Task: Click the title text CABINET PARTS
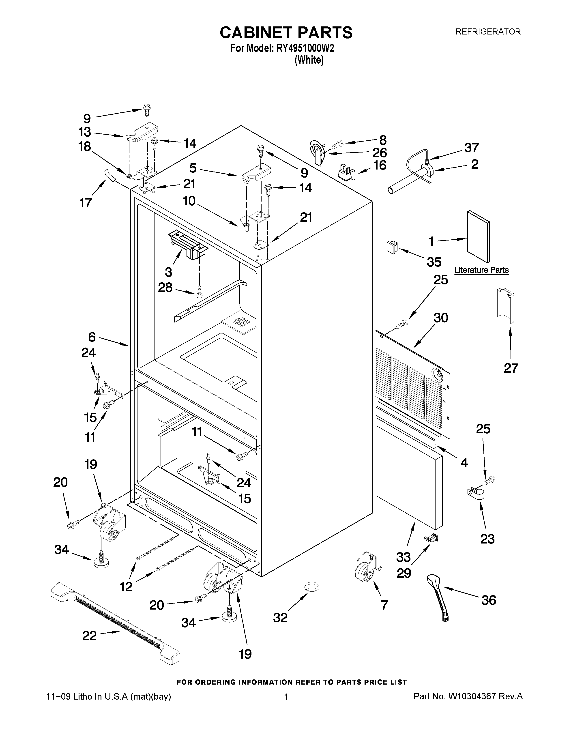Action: [286, 33]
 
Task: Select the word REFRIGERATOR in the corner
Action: [488, 32]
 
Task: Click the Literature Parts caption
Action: [481, 270]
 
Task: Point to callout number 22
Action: [89, 636]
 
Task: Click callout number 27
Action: [511, 367]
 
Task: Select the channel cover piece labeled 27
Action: [505, 302]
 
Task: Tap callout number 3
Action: [168, 272]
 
